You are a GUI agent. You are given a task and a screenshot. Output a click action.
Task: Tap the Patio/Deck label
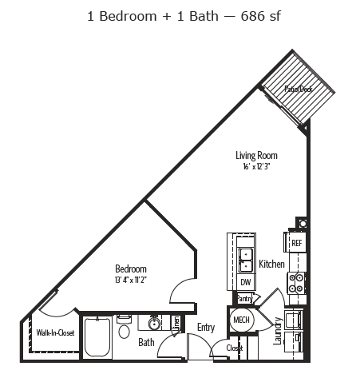tap(299, 89)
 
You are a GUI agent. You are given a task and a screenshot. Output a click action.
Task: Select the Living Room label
tap(255, 155)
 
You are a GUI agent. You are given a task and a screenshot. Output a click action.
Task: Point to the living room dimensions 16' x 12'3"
tap(255, 165)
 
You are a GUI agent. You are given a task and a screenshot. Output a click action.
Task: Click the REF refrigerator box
tap(296, 242)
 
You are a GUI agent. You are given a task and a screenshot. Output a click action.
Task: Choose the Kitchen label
tap(271, 263)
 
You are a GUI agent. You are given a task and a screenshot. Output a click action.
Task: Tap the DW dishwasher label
tap(246, 282)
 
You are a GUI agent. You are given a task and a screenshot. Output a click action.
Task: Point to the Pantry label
tap(244, 298)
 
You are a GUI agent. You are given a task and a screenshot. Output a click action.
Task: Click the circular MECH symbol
tap(240, 320)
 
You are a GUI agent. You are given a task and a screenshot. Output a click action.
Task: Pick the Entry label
tap(206, 328)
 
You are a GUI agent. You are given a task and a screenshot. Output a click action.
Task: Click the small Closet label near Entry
tap(234, 348)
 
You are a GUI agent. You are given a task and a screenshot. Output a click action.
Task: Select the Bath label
tap(146, 343)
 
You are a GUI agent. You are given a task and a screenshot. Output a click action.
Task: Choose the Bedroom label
tap(130, 269)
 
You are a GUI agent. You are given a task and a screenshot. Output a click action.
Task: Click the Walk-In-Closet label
tap(55, 332)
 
